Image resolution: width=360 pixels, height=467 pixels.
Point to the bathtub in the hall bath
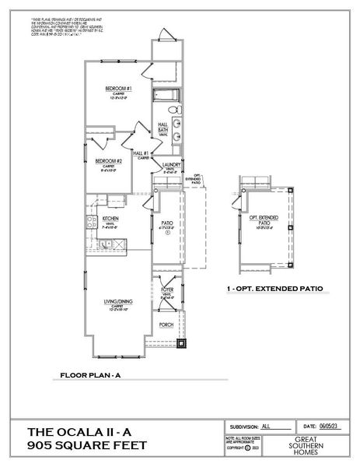[x=165, y=97]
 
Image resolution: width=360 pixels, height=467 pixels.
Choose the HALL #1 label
[x=141, y=154]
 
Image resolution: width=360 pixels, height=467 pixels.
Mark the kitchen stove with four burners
[x=90, y=220]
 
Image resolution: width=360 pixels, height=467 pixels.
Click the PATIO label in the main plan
[x=166, y=222]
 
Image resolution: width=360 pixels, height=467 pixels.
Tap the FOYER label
[x=166, y=290]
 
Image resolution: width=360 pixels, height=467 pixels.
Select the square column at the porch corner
[x=182, y=342]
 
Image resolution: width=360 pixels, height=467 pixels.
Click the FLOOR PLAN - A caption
[x=90, y=376]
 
